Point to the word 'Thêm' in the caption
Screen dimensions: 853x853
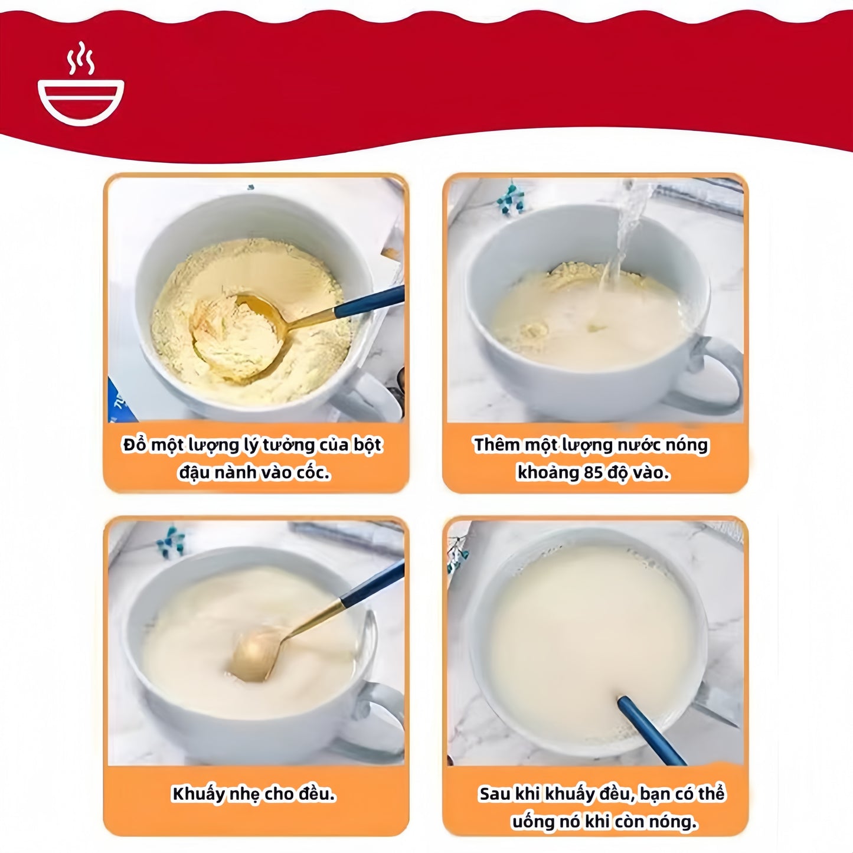tap(496, 445)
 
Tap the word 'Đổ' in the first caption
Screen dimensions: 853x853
tap(134, 444)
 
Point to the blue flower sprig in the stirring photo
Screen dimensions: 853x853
tap(171, 541)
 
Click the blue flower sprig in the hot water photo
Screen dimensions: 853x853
tap(511, 198)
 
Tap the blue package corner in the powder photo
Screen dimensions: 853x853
tap(120, 401)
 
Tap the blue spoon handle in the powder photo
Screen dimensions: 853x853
tap(370, 302)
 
